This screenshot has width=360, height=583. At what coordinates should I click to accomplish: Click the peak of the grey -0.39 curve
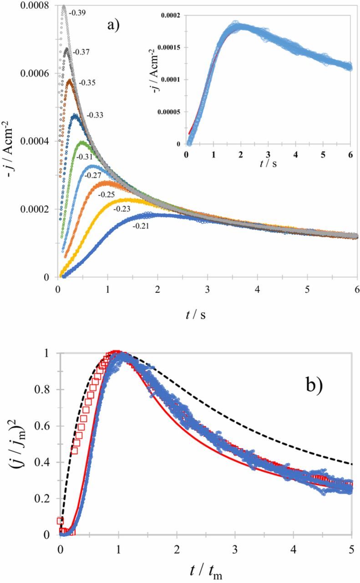click(x=64, y=6)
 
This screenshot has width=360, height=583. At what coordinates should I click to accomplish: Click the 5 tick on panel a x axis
click(x=307, y=290)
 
